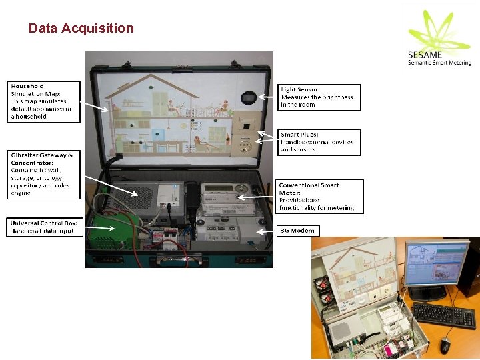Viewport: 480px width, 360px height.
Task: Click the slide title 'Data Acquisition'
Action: click(x=81, y=28)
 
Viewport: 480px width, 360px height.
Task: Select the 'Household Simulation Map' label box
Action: click(x=44, y=101)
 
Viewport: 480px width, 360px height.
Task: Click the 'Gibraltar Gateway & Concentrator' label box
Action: click(x=44, y=174)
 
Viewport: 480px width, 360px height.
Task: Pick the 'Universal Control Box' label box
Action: click(x=44, y=227)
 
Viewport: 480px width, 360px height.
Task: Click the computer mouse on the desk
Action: click(x=445, y=344)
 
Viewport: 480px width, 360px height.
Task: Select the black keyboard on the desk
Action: click(x=443, y=315)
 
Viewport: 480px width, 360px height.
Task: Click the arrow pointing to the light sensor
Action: click(x=267, y=97)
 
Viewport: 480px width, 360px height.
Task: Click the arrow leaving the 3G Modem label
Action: click(x=267, y=231)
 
